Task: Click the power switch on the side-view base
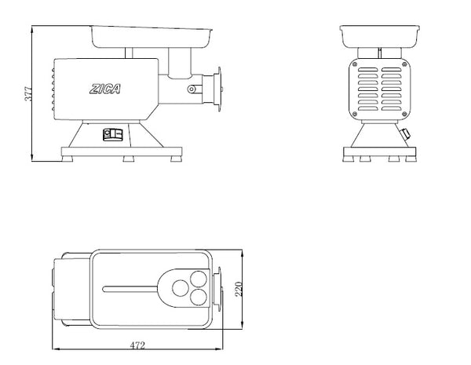[111, 133]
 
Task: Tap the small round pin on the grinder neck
[190, 89]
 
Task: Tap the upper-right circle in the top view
[200, 278]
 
